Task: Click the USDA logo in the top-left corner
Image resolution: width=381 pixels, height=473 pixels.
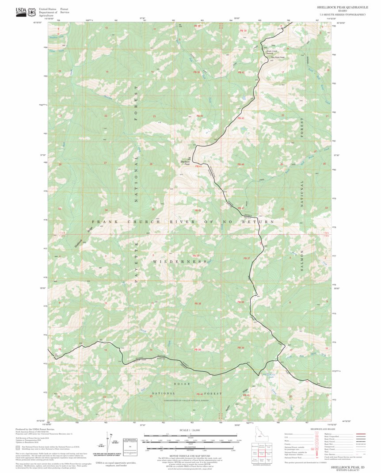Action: tap(21, 11)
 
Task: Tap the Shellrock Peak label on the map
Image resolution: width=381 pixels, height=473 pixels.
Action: tap(185, 163)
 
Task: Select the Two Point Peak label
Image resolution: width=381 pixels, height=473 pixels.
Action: tap(277, 57)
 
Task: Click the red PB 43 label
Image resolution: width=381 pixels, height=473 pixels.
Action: tap(241, 118)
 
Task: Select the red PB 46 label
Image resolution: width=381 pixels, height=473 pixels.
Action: tap(241, 164)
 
